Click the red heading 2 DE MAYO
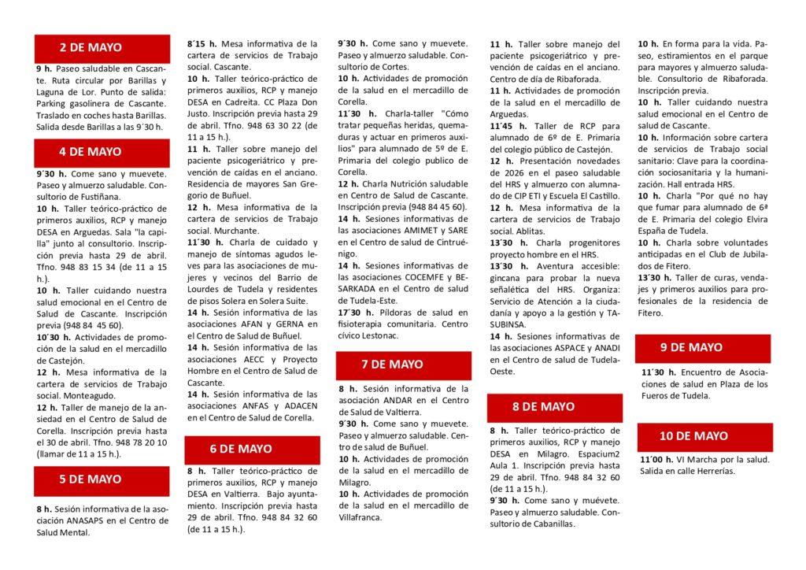coord(102,48)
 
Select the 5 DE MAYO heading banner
coord(102,479)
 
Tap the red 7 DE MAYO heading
coord(403,365)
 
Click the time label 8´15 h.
coord(201,44)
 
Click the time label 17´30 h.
coord(353,313)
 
